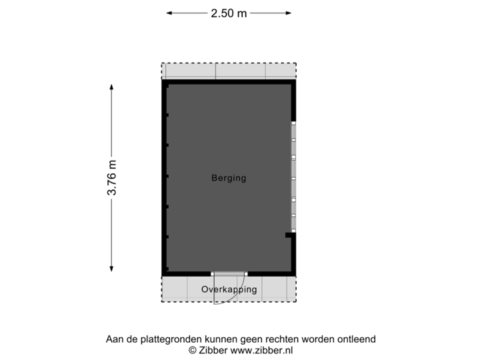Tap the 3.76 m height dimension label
coord(111,178)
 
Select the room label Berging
coord(229,178)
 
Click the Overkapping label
coord(229,290)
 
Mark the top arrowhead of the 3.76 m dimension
coord(111,87)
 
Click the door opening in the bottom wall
coord(229,273)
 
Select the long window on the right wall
coord(293,177)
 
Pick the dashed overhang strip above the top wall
coord(229,70)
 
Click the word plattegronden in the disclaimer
coord(163,339)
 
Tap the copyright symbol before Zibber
coord(192,350)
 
